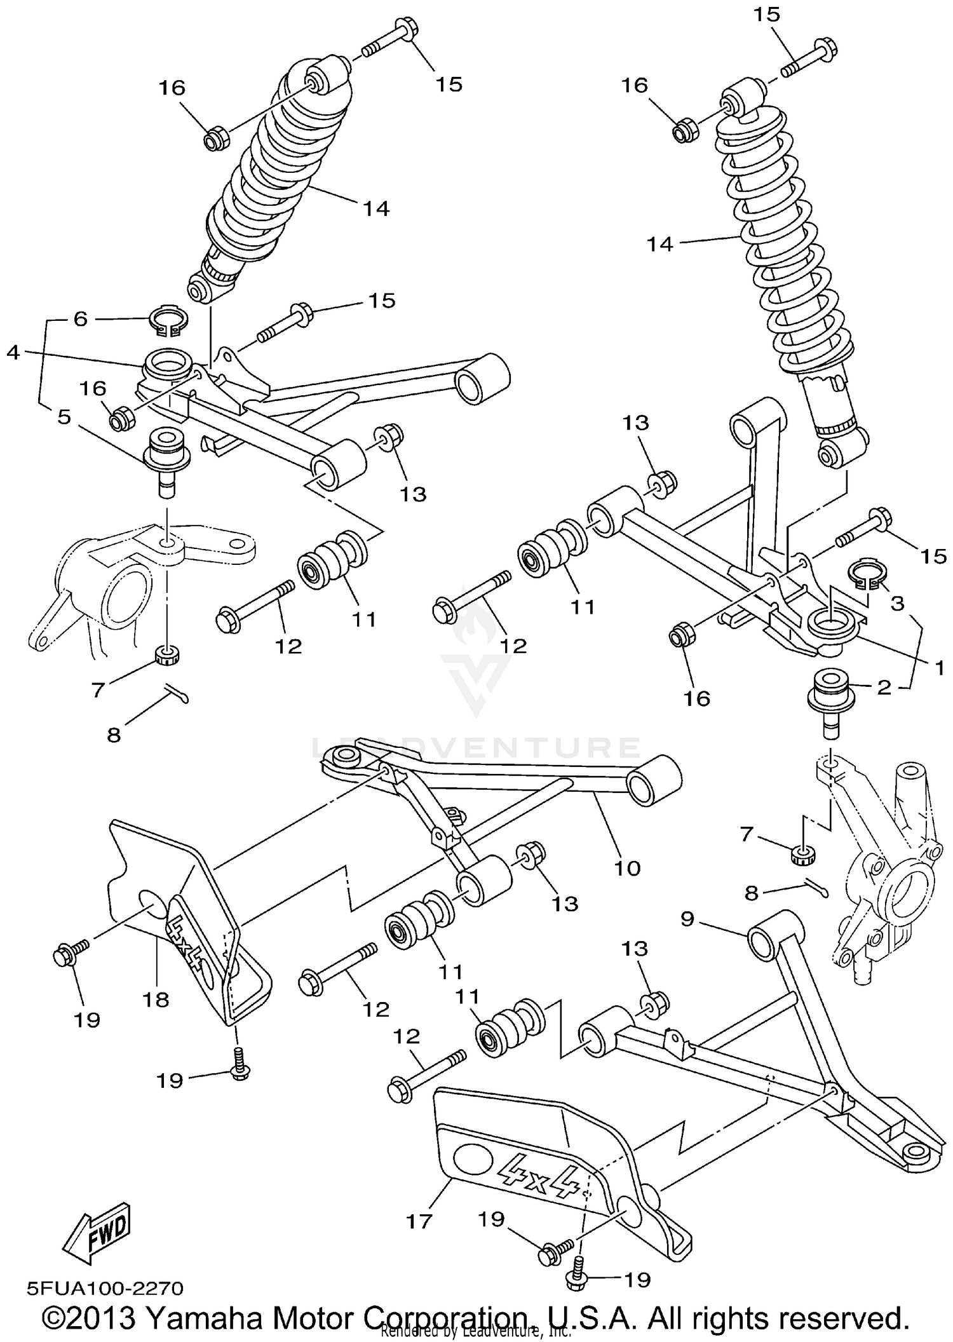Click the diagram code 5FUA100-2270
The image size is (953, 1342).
105,1288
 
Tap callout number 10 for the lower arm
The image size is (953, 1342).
628,867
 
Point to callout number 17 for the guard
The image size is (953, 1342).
419,1221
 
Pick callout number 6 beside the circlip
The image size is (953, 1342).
80,318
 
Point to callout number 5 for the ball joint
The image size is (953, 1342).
64,417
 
